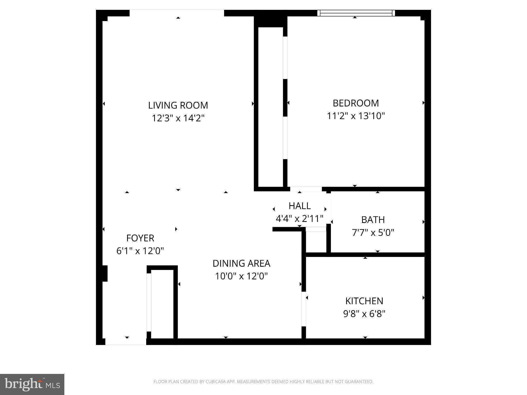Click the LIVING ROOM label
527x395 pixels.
178,105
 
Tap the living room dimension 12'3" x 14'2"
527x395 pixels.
178,118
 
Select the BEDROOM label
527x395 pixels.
356,103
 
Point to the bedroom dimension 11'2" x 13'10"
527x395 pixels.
356,116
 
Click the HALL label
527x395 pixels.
300,206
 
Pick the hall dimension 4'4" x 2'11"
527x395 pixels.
300,219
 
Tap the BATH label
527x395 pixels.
373,220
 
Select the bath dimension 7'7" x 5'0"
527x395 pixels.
373,232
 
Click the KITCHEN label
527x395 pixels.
364,301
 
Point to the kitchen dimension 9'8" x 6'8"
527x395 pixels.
364,314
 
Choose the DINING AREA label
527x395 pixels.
241,263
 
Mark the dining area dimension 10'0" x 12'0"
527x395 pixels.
241,276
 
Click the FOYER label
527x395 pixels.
140,238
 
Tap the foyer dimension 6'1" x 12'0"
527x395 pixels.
140,251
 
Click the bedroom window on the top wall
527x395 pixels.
356,13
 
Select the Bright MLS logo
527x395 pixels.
32,384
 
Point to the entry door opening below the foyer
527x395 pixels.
126,342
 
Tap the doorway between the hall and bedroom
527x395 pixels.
306,189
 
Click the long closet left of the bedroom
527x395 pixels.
270,107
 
